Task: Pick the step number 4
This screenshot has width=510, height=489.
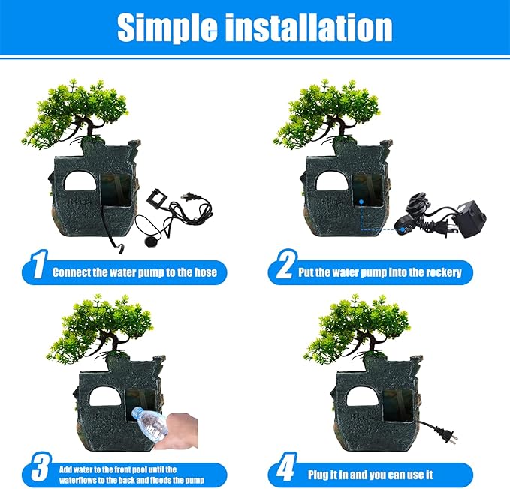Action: (x=285, y=471)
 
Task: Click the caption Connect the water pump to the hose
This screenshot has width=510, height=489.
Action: (x=134, y=271)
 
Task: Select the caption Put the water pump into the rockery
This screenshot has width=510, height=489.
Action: (x=382, y=271)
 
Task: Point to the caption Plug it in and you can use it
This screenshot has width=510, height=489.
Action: (x=370, y=475)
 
